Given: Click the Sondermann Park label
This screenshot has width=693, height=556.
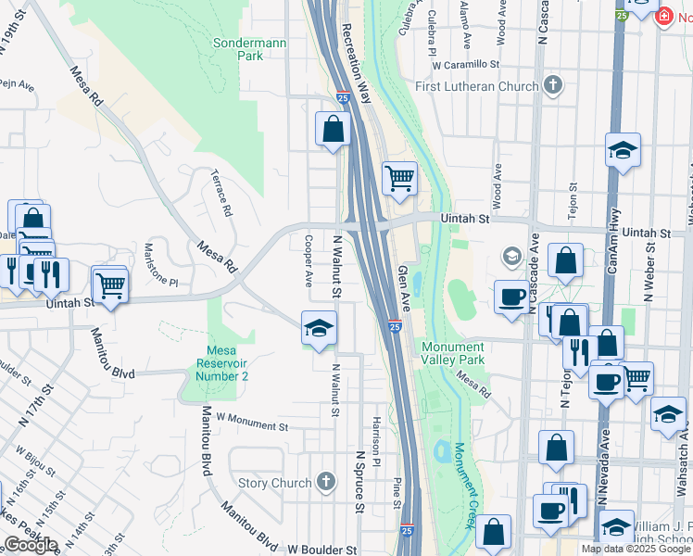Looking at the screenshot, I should click(x=238, y=49).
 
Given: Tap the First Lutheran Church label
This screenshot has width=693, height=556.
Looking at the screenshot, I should click(x=476, y=86).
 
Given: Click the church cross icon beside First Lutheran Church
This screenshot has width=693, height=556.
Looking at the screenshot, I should click(x=553, y=86).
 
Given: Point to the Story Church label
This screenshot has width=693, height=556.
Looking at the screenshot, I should click(x=274, y=483).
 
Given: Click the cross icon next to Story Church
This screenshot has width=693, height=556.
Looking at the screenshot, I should click(x=325, y=482).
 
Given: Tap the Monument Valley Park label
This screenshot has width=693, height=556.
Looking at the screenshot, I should click(x=453, y=353).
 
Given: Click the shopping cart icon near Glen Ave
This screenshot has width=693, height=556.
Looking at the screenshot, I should click(x=399, y=176).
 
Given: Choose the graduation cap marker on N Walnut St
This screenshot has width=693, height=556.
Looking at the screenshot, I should click(x=319, y=328).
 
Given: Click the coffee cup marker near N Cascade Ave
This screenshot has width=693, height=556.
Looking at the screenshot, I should click(x=511, y=297).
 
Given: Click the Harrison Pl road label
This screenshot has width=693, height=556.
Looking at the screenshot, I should click(x=377, y=440).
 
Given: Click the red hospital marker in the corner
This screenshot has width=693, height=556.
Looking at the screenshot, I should click(x=663, y=17).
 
